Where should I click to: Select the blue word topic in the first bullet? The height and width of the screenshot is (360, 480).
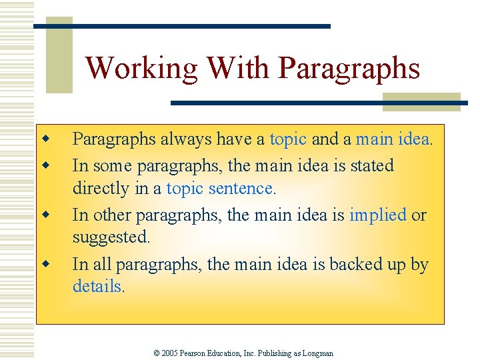click(x=288, y=139)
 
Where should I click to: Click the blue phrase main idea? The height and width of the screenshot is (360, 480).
click(x=393, y=139)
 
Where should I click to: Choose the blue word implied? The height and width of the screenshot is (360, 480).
click(x=377, y=215)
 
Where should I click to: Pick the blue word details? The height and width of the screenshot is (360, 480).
click(x=97, y=287)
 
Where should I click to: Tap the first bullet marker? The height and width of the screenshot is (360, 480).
click(x=45, y=139)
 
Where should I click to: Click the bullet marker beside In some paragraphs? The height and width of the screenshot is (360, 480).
click(x=45, y=165)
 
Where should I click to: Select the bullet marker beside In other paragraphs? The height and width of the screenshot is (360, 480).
click(x=45, y=215)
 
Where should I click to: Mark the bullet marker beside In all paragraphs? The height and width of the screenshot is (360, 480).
click(x=45, y=264)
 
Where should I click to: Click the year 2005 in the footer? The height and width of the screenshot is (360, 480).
click(x=171, y=353)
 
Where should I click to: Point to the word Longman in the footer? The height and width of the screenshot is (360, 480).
click(x=317, y=353)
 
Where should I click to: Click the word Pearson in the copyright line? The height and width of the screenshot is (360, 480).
click(x=195, y=353)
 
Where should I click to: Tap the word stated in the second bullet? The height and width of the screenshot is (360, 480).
click(x=371, y=165)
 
